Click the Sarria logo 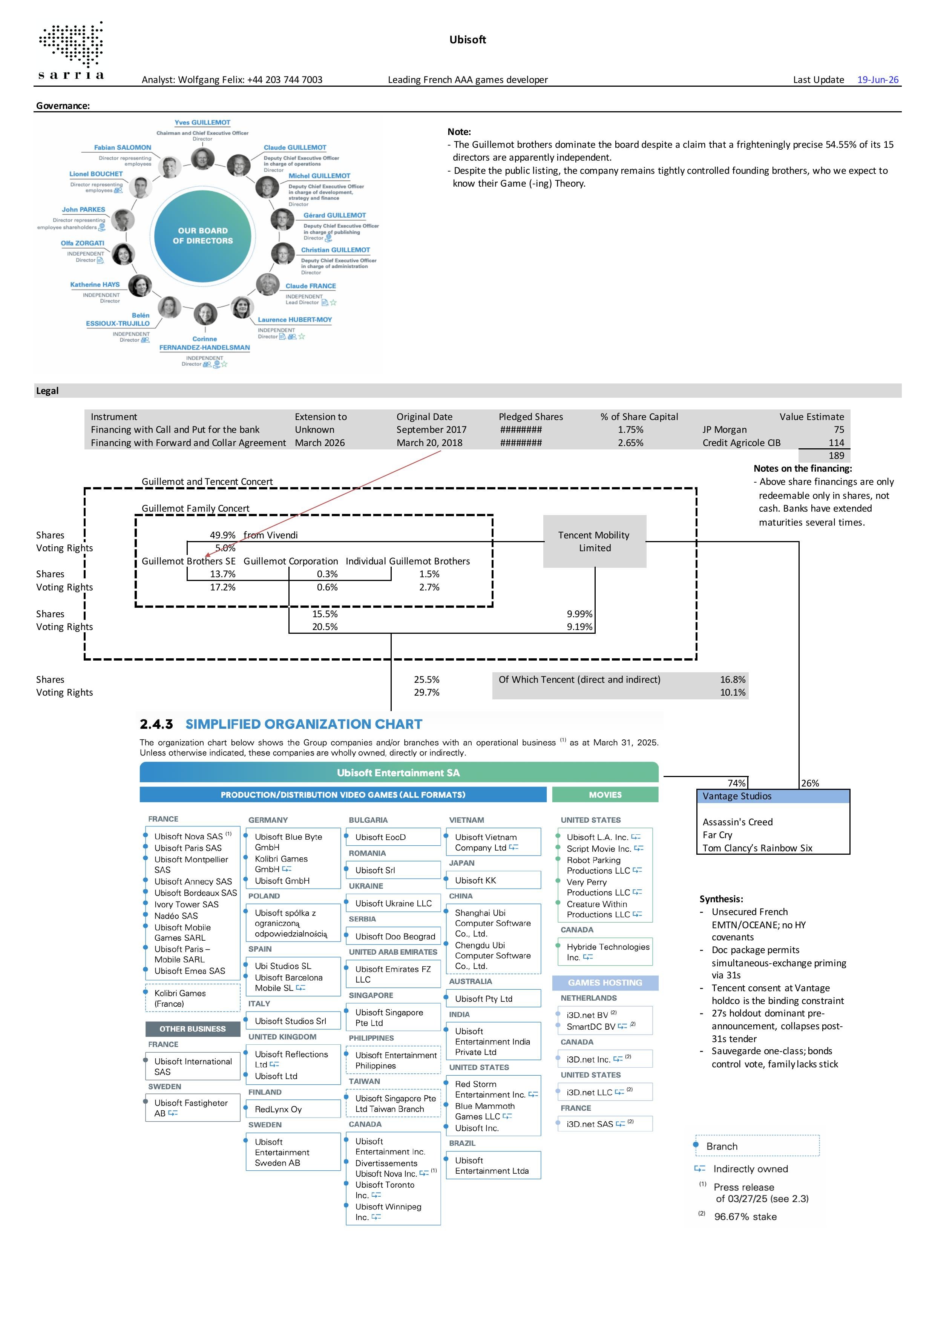[x=71, y=51]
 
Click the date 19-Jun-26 [x=877, y=80]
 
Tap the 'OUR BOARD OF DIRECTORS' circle [x=203, y=236]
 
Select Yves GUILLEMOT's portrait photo [x=202, y=158]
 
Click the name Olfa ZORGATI [x=83, y=243]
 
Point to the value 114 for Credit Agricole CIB [x=836, y=443]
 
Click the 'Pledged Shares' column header [x=530, y=417]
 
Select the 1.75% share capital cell [x=630, y=429]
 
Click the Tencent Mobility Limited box [x=595, y=542]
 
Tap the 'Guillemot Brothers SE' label [x=189, y=561]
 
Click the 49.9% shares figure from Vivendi [x=222, y=535]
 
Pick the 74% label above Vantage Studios [x=736, y=783]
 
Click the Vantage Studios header [x=773, y=796]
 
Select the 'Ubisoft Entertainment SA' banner [x=399, y=773]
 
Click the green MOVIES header [x=605, y=795]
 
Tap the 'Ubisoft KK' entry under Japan [x=475, y=880]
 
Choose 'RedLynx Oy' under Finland [x=278, y=1109]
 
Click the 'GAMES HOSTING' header [x=605, y=983]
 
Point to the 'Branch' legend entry [x=721, y=1146]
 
